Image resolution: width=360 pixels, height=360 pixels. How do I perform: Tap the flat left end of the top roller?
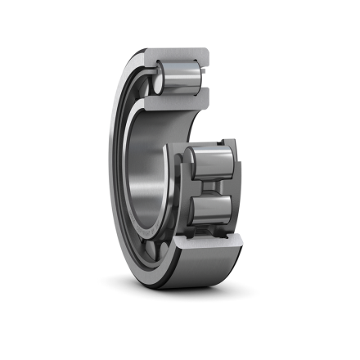coord(159,81)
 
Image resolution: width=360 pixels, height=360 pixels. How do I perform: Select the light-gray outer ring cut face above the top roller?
coord(179,57)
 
